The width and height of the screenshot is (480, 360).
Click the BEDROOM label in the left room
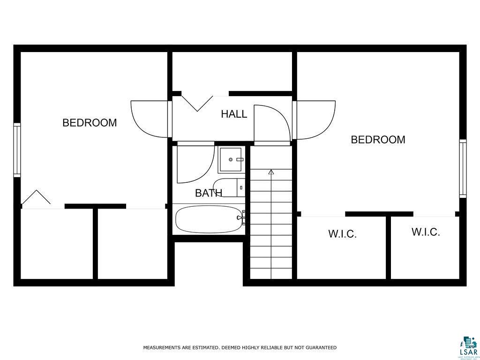point(90,123)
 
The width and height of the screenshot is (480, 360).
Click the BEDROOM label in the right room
point(378,140)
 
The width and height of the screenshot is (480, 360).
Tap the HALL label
point(234,114)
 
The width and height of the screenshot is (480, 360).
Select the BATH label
point(208,193)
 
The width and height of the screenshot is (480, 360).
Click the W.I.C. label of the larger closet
point(342,234)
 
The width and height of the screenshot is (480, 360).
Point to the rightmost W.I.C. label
point(426,232)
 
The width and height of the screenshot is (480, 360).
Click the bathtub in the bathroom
point(209,219)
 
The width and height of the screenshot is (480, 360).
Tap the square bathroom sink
point(231,160)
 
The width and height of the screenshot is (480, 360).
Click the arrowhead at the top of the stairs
point(271,172)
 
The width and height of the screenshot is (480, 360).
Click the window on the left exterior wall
point(17,150)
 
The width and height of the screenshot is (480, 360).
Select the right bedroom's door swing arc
point(316,120)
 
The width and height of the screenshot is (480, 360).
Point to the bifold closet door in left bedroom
point(36,197)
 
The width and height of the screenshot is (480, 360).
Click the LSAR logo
point(467,347)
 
